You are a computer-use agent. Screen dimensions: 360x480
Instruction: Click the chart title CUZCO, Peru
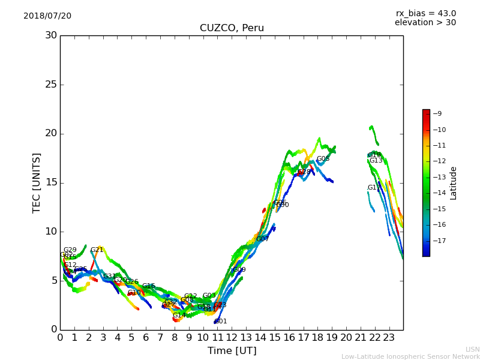click(x=232, y=28)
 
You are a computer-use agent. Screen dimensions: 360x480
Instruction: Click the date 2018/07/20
click(x=47, y=16)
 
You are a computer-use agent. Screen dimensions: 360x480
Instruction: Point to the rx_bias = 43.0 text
click(x=425, y=13)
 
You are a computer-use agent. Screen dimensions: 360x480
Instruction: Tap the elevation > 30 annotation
click(x=425, y=23)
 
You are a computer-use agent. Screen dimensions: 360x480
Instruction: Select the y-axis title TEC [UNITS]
click(x=37, y=182)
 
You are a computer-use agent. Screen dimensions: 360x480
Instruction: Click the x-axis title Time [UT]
click(x=232, y=350)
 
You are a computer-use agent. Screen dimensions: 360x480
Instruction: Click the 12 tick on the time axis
click(x=232, y=337)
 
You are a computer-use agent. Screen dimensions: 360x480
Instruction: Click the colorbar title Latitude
click(x=454, y=182)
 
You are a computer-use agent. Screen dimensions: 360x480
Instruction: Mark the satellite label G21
click(x=97, y=250)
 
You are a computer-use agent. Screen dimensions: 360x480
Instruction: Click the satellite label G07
click(x=262, y=239)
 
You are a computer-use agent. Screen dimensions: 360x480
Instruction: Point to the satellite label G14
click(x=179, y=315)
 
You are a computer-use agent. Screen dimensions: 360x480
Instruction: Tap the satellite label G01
click(x=221, y=322)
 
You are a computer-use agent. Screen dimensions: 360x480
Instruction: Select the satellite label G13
click(x=376, y=160)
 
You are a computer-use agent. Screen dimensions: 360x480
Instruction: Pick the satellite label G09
click(x=239, y=270)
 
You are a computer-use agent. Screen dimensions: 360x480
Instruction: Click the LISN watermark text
click(x=472, y=349)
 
